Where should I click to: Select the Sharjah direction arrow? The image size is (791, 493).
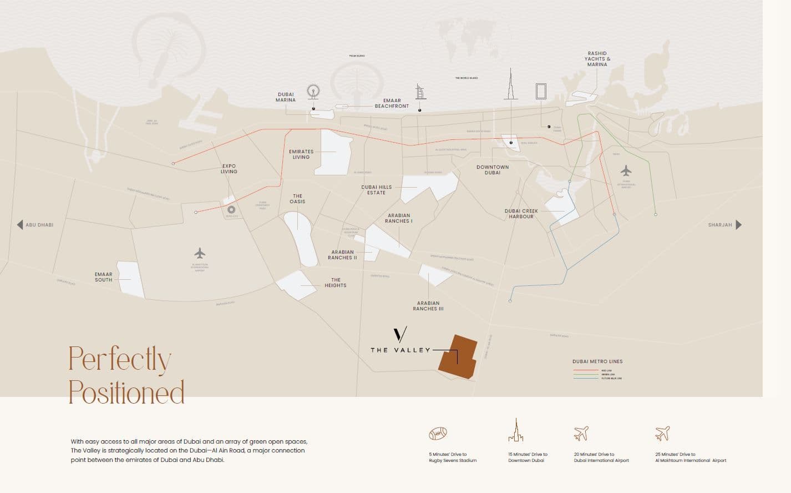tap(738, 225)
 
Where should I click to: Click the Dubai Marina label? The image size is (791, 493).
tap(286, 97)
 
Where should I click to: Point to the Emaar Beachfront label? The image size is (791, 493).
tap(392, 103)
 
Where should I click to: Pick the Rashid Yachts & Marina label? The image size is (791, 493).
tap(597, 59)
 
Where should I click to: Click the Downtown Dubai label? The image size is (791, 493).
tap(492, 170)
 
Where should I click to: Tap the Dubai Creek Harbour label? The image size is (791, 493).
tap(521, 214)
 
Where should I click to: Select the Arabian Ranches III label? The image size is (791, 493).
tap(428, 306)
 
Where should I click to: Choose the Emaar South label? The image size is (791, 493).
tap(103, 277)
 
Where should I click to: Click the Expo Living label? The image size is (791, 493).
tap(229, 169)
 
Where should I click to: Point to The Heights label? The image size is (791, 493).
tap(336, 283)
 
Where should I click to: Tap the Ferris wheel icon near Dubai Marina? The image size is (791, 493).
tap(313, 92)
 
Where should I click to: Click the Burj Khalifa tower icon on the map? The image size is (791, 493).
tap(510, 86)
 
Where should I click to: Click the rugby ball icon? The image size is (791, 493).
tap(438, 433)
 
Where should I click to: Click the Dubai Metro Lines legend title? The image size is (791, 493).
tap(597, 361)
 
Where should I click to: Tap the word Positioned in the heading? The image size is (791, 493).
tap(126, 392)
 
